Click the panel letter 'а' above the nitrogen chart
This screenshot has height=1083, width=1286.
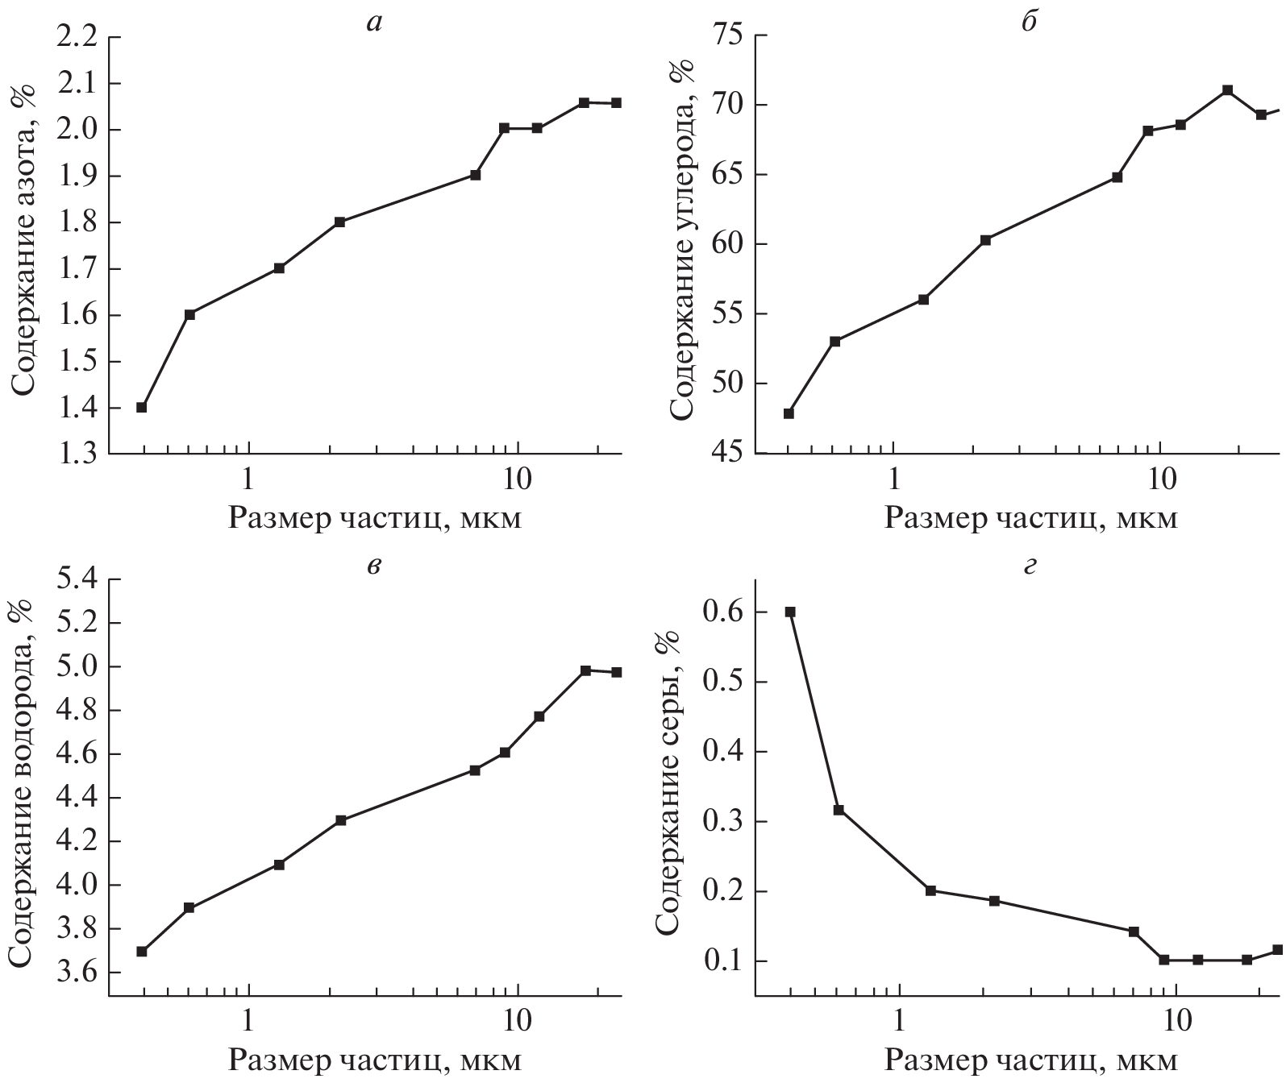coord(372,23)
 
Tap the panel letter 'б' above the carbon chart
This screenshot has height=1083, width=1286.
coord(1028,23)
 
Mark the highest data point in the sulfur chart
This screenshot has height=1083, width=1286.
coord(790,612)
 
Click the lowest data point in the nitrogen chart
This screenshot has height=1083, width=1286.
coord(142,408)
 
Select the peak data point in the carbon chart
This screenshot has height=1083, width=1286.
coord(1227,90)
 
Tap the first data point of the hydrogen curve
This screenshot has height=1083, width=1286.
coord(142,952)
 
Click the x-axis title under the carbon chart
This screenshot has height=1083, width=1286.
coord(1031,517)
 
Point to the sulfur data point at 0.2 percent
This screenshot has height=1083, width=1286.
coord(930,890)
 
